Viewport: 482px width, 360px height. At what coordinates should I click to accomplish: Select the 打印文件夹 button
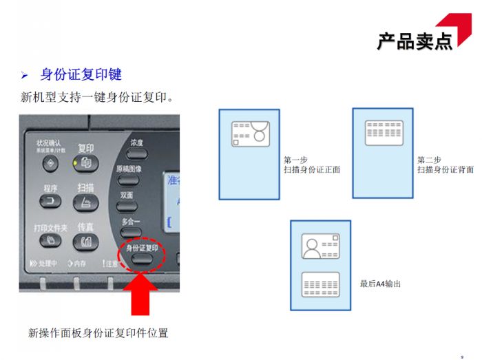(x=50, y=240)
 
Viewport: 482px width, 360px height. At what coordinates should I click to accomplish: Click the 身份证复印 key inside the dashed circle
(x=142, y=259)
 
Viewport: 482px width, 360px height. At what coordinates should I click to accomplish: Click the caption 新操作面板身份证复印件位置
(x=98, y=333)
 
